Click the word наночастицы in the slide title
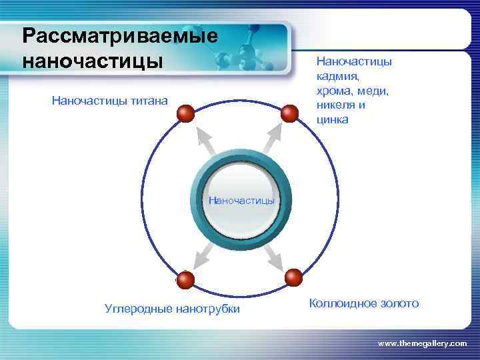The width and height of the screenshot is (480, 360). coord(92,59)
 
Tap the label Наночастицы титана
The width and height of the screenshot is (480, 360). coord(110,101)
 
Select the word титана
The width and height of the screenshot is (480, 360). coord(151,101)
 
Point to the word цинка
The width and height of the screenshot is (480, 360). coord(332,120)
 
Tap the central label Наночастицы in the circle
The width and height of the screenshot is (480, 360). coord(241,199)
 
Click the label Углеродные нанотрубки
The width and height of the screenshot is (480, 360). coord(173,309)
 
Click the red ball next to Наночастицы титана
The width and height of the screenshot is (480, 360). coord(186,114)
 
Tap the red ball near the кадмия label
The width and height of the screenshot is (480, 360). coord(289,114)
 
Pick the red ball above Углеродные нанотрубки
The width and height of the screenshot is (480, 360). coord(185,280)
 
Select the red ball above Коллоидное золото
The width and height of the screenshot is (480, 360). coord(293,277)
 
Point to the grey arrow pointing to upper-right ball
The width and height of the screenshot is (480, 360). coord(273,139)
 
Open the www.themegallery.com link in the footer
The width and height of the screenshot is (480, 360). coord(423,343)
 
